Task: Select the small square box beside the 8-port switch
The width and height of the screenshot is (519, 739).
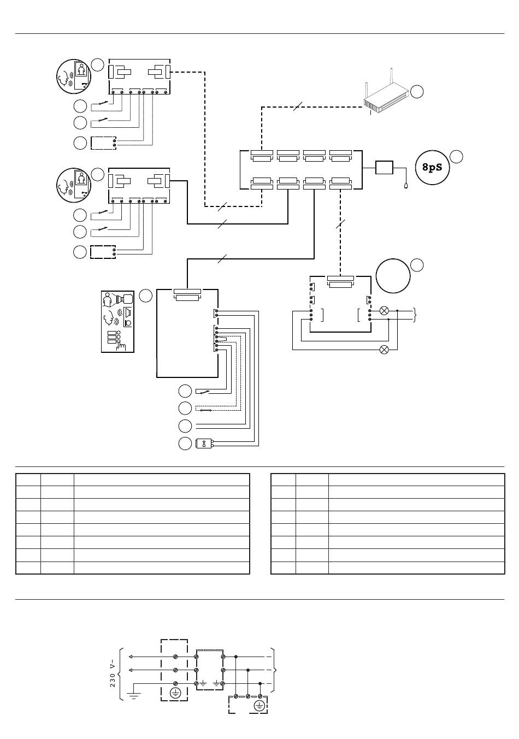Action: pos(385,168)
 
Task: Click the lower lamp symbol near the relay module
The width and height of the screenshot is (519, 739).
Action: pos(384,350)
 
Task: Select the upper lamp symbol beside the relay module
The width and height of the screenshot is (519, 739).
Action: pos(384,310)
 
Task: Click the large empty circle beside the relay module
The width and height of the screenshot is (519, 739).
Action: pos(393,276)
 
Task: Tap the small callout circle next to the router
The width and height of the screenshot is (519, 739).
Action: pos(417,92)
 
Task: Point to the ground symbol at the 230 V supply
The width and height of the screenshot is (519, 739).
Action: pos(133,695)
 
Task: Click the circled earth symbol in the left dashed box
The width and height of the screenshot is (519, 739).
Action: pos(175,693)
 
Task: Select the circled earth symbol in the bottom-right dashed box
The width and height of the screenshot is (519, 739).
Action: pos(259,705)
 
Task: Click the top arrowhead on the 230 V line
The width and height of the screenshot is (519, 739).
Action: pos(131,656)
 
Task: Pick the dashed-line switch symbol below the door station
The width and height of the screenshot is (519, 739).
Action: pos(205,409)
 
